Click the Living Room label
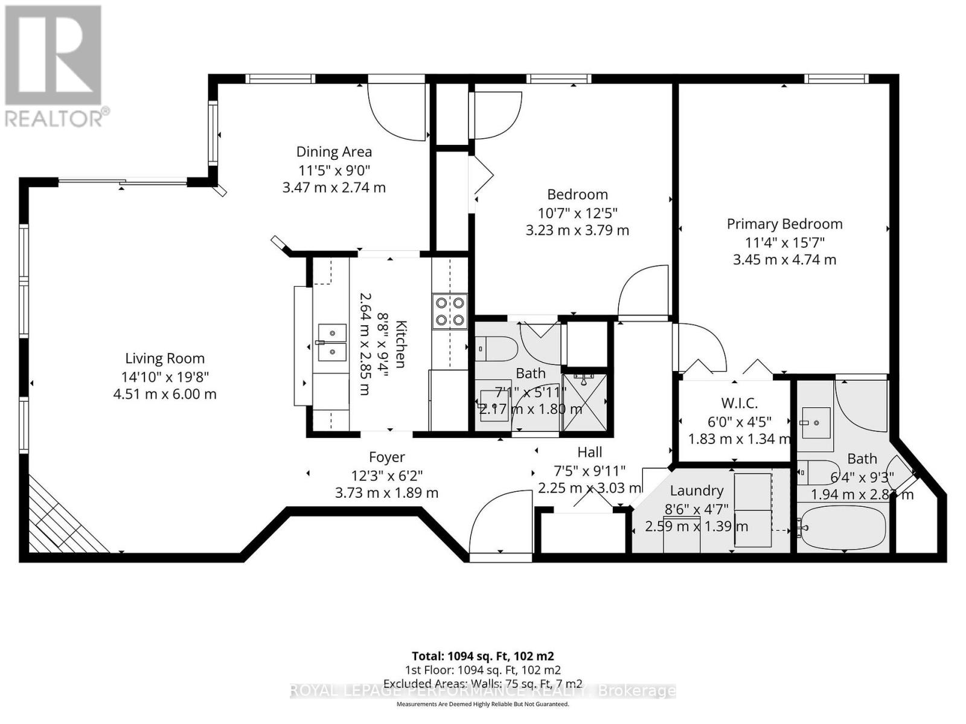[165, 358]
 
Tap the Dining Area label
[334, 152]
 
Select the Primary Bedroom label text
[784, 224]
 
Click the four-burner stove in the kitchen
[450, 311]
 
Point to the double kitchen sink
[332, 342]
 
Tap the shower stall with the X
[584, 402]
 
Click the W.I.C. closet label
[739, 403]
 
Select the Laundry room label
[696, 491]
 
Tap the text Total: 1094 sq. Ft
[482, 656]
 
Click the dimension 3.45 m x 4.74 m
[784, 260]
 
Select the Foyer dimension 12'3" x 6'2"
[386, 475]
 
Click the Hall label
[589, 452]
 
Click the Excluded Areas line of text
[482, 684]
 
